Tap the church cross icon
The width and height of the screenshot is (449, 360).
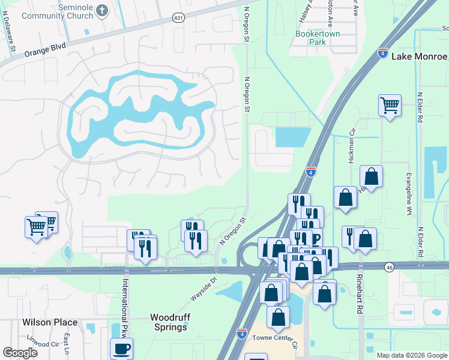coord(103,10)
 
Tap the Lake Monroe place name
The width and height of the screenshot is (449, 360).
coord(419,56)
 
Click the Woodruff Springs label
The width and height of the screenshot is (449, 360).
coord(168,322)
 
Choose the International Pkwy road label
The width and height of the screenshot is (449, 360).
coord(126,305)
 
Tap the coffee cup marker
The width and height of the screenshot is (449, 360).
coord(122,348)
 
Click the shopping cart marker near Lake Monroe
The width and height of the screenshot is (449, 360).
coord(390,106)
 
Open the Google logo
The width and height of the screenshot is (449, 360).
coord(20,352)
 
